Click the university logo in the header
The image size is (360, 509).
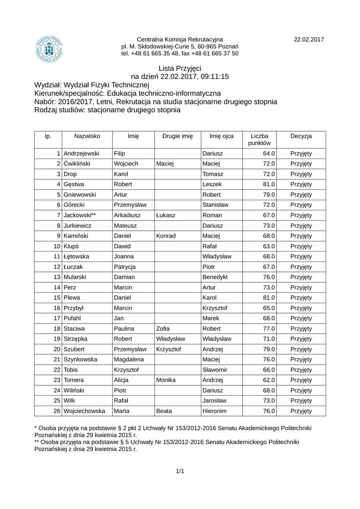(49, 48)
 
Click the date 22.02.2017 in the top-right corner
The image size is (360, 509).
(309, 39)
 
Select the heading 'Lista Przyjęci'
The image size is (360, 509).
(180, 68)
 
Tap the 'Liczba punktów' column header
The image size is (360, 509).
(260, 139)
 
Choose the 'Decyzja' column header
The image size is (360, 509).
(301, 136)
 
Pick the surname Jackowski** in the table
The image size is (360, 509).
(80, 215)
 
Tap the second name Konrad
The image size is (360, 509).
(166, 236)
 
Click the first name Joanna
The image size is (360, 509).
(124, 256)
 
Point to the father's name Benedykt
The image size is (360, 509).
(215, 277)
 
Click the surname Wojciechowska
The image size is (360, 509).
(85, 411)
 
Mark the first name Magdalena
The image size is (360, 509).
(129, 359)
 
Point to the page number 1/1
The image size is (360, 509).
(180, 471)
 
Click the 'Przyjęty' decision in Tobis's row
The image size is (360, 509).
(301, 370)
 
